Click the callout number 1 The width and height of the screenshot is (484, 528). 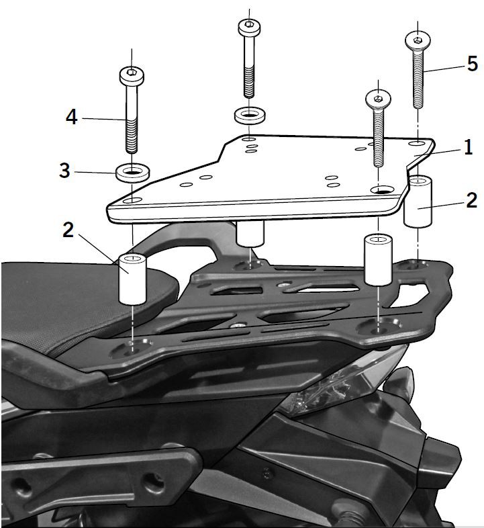tap(467, 147)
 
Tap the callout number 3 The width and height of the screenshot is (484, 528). tap(64, 171)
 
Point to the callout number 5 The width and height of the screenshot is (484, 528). tap(472, 64)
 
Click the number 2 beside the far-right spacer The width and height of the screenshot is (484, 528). tap(472, 200)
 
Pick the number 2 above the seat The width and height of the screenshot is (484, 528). tap(68, 230)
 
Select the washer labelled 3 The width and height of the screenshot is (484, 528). tap(132, 173)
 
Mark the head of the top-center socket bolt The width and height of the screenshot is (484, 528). tap(248, 27)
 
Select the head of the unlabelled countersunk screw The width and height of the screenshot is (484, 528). tap(378, 99)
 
